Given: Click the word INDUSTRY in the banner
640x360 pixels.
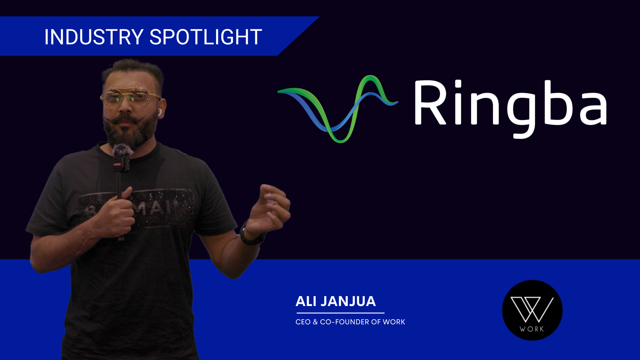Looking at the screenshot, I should click(94, 37).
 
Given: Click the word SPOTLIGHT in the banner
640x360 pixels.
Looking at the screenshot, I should click(205, 37).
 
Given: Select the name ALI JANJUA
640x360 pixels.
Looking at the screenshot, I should click(335, 301).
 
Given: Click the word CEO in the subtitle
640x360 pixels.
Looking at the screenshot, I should click(303, 322).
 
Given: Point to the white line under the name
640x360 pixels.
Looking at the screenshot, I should click(340, 313).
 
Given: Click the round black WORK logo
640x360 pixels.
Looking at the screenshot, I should click(532, 310).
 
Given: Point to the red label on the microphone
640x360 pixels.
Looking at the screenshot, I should click(117, 164).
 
